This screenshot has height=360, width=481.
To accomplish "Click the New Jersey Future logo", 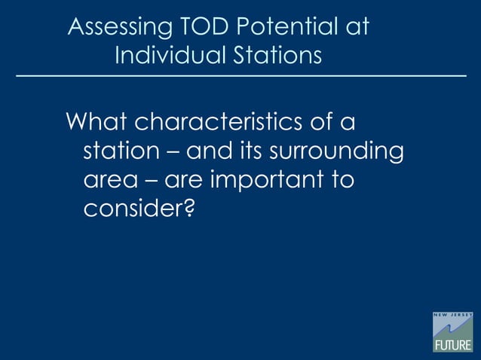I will (x=452, y=331).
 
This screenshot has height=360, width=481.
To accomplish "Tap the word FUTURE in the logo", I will (x=452, y=345).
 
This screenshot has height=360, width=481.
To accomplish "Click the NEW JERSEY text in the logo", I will (x=452, y=315).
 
